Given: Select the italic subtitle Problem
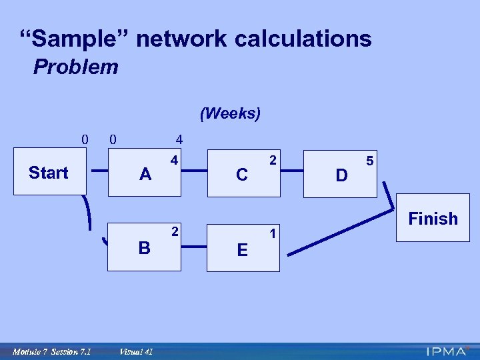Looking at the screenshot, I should (x=76, y=67).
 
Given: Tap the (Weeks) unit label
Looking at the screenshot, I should (x=230, y=113).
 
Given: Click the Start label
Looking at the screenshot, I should (x=48, y=173).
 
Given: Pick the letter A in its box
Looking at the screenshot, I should (x=145, y=175).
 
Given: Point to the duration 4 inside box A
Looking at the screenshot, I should (x=173, y=161).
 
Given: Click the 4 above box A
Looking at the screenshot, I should (x=179, y=140).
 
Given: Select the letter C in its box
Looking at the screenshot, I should (x=242, y=175).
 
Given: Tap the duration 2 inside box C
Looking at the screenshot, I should (x=272, y=161).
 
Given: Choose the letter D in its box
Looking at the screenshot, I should (x=341, y=176).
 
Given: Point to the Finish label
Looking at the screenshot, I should (x=433, y=219).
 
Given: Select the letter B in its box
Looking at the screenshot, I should (x=144, y=248).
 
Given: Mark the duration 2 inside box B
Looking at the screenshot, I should (x=174, y=231).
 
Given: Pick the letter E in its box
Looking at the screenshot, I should (x=242, y=250).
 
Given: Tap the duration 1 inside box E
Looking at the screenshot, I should (x=272, y=233).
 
